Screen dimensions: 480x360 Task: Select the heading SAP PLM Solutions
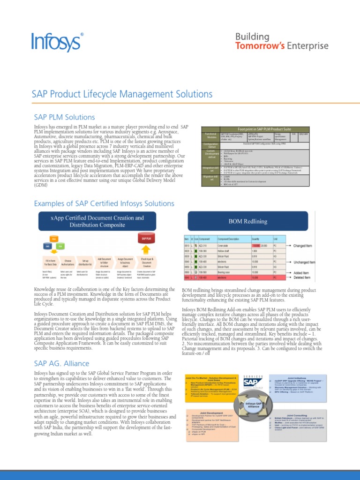64,117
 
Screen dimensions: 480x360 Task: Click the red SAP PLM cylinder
145,239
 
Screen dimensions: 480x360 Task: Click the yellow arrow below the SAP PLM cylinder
145,250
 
